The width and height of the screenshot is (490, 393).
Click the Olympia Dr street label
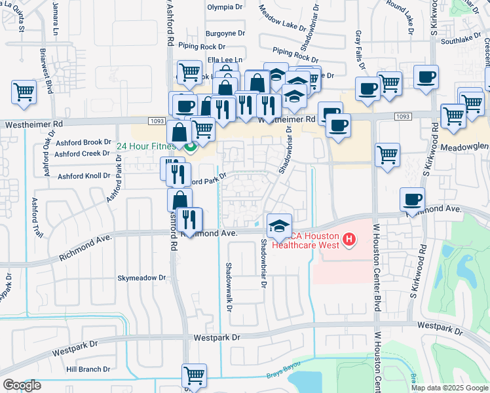[225, 7]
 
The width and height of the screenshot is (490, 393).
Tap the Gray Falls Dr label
[358, 43]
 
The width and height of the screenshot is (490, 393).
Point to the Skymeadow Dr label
[141, 278]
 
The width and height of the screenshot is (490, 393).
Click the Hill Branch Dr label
[88, 369]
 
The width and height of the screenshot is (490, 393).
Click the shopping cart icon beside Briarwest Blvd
[24, 93]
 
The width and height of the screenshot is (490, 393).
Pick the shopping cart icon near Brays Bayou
[194, 376]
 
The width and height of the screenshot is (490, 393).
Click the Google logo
[22, 385]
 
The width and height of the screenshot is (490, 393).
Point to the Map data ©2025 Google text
[449, 387]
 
